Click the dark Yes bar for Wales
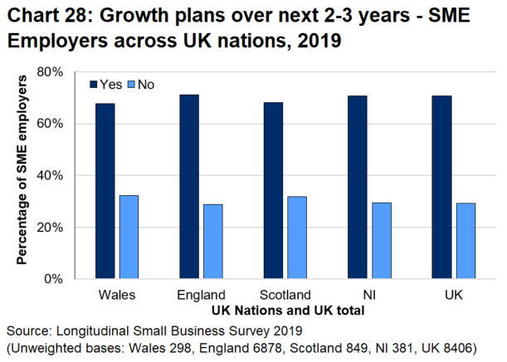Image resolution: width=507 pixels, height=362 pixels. (x=105, y=191)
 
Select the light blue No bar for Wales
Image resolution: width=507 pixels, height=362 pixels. (x=129, y=237)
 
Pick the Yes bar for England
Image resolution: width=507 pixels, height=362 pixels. (x=189, y=187)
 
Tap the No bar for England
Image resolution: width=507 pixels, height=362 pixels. (x=213, y=241)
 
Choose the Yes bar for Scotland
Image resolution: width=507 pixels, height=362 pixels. (x=274, y=190)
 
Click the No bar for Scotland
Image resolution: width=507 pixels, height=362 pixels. (x=297, y=237)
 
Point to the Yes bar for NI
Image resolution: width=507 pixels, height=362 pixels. (x=358, y=187)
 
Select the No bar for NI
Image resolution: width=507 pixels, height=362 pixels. (x=382, y=240)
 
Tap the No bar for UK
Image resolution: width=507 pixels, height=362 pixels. (x=466, y=240)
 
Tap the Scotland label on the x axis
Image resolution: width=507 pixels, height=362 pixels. (x=285, y=295)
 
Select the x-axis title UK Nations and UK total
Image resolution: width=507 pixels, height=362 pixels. (x=285, y=310)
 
